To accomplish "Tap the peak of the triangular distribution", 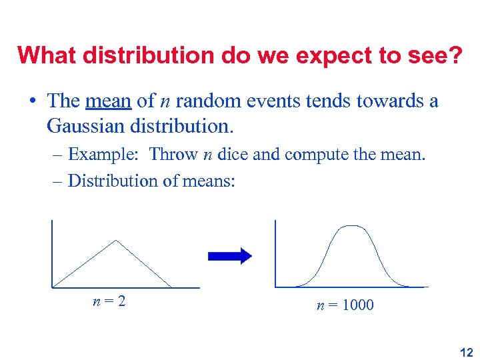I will click(117, 241).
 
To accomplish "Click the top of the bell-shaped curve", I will click(351, 227).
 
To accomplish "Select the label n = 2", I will click(109, 301).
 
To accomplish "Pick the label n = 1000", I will click(345, 305).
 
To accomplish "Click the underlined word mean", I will click(109, 101).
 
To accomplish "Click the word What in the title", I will click(47, 55).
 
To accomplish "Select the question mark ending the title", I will click(455, 55).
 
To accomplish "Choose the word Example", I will click(103, 155).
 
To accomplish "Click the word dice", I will click(233, 155).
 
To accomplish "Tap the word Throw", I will click(173, 155).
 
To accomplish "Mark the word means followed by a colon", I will click(209, 181).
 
